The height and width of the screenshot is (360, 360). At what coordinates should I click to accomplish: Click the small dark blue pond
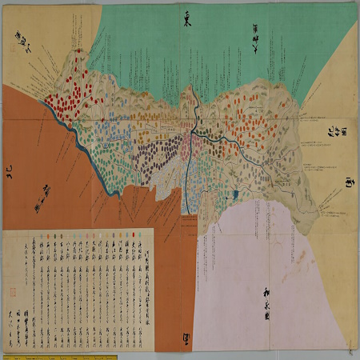point(238,194)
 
